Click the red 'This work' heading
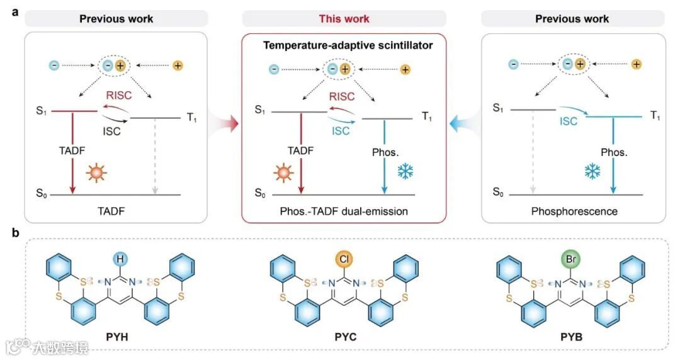pyautogui.click(x=344, y=18)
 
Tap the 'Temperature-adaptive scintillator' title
pyautogui.click(x=344, y=46)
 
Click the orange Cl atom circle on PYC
pyautogui.click(x=344, y=258)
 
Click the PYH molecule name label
pyautogui.click(x=120, y=337)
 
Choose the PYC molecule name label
pyautogui.click(x=344, y=337)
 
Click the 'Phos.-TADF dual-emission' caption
pyautogui.click(x=344, y=211)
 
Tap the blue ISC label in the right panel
pyautogui.click(x=569, y=121)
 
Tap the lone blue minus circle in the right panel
pyautogui.click(x=514, y=64)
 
